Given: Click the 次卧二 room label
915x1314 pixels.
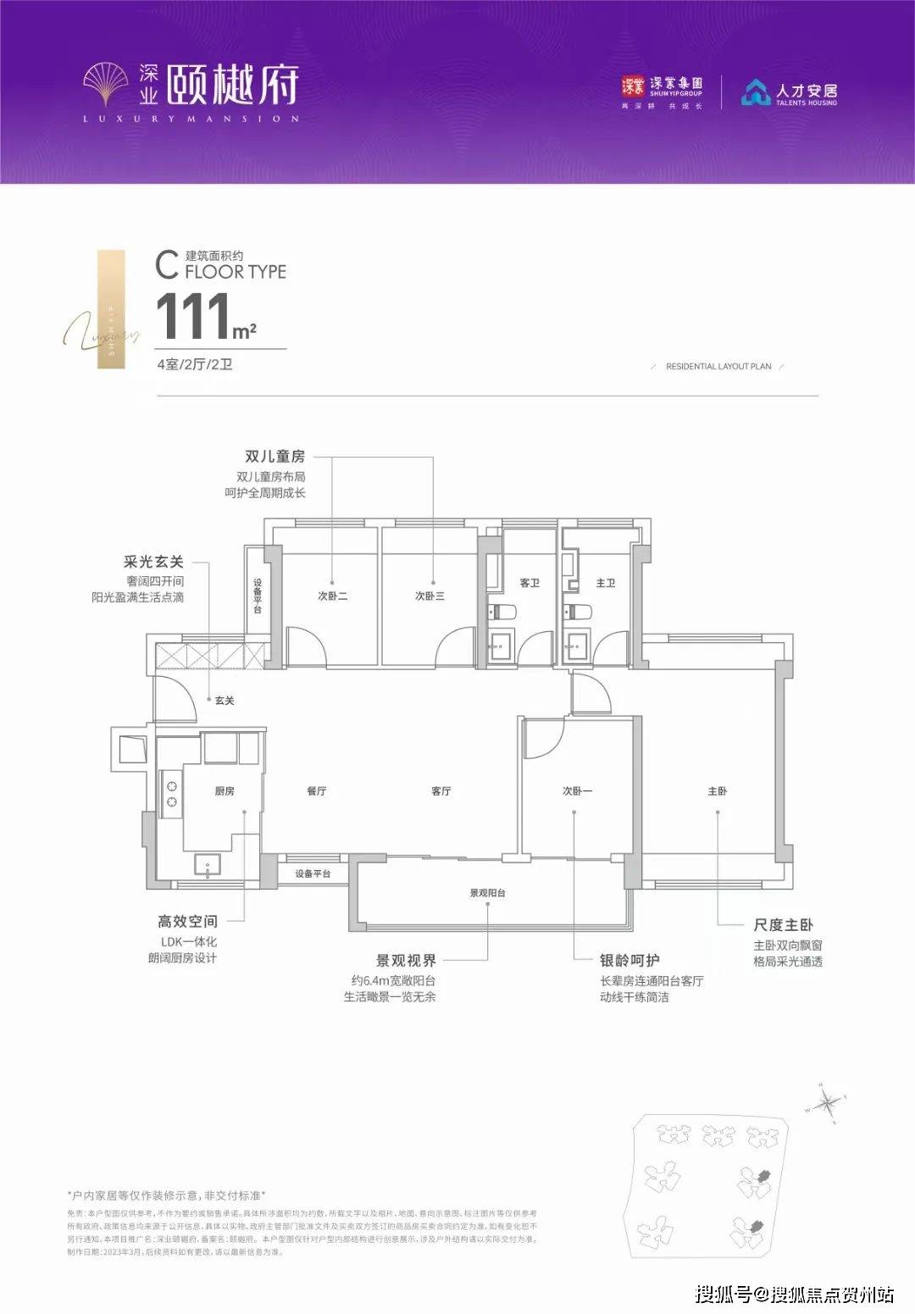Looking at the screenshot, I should click(x=332, y=596).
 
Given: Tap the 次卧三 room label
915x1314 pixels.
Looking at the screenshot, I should click(x=430, y=596).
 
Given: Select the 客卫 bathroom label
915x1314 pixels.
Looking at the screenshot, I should click(x=530, y=583).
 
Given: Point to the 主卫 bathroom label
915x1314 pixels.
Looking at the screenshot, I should click(x=605, y=583).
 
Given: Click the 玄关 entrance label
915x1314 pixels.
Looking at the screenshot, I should click(x=224, y=701).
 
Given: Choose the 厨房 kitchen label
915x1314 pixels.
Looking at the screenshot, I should click(x=224, y=791).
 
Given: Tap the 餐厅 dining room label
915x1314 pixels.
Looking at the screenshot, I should click(x=316, y=791).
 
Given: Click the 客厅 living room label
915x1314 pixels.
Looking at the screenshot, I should click(x=441, y=791).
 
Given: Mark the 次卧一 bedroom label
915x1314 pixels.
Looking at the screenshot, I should click(x=577, y=791).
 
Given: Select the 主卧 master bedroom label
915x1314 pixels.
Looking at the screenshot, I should click(x=717, y=791).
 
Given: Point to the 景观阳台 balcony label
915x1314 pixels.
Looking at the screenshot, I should click(x=487, y=893).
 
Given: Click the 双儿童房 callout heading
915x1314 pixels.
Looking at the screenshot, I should click(x=274, y=457).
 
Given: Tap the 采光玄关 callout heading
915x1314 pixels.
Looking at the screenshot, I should click(x=153, y=562).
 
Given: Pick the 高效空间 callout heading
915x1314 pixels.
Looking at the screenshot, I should click(x=187, y=921).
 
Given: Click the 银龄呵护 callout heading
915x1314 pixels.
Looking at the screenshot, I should click(x=629, y=960).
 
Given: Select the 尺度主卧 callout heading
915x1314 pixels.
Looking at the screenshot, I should click(x=783, y=925).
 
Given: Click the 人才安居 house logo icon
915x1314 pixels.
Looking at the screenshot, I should click(x=756, y=92).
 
